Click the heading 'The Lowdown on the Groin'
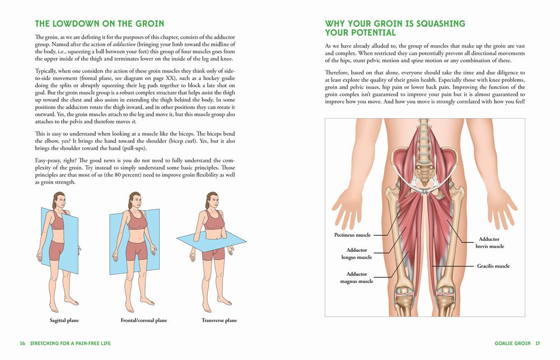[x=99, y=24]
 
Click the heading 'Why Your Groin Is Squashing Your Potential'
[x=395, y=29]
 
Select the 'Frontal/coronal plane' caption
[x=143, y=320]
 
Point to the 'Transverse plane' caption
[x=219, y=320]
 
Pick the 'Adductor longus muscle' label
[x=357, y=254]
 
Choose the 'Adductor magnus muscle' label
[x=357, y=278]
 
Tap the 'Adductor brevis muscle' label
[x=489, y=242]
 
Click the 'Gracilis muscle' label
[x=493, y=266]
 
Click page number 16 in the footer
[x=22, y=343]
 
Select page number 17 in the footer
[x=538, y=343]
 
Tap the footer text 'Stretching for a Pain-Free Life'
[x=71, y=343]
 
